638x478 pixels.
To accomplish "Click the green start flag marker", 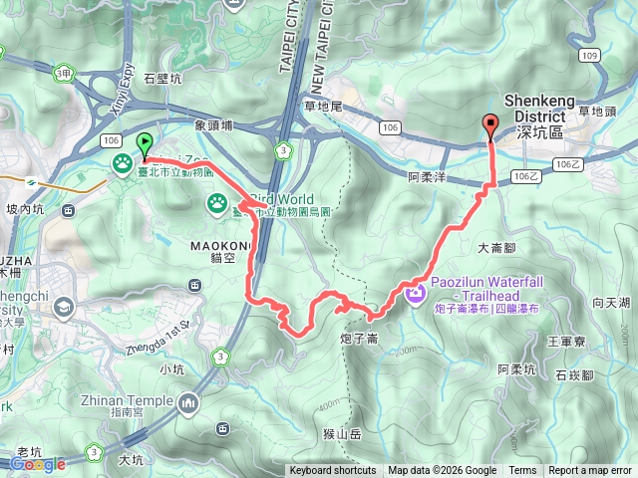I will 144,144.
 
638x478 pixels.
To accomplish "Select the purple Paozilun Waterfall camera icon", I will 416,291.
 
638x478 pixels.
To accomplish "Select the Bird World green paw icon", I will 216,203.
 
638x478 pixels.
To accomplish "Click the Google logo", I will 37,464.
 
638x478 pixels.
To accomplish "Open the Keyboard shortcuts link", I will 333,471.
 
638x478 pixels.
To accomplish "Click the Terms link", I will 522,471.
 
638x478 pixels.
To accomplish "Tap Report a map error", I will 591,471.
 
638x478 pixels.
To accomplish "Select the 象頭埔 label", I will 213,125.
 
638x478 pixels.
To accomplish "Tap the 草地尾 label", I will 322,105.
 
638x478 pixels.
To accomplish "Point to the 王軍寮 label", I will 566,341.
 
